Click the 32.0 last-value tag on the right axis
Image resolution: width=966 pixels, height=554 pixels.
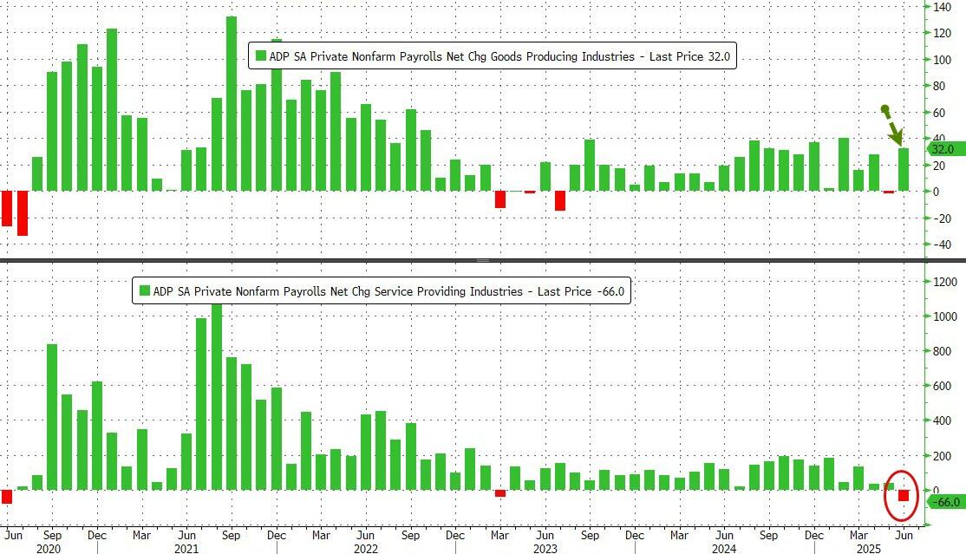click(x=942, y=149)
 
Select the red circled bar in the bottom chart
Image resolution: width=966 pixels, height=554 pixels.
click(x=903, y=496)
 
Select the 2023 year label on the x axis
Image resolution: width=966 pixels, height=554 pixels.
click(x=544, y=547)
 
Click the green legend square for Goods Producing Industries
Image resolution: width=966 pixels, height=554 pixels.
click(x=261, y=57)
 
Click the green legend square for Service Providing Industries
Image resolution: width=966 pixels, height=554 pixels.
click(x=144, y=291)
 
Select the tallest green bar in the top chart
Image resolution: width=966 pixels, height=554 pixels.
click(x=232, y=103)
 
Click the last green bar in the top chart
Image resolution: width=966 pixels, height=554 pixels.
click(x=903, y=169)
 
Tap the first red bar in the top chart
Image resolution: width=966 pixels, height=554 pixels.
click(x=7, y=208)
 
